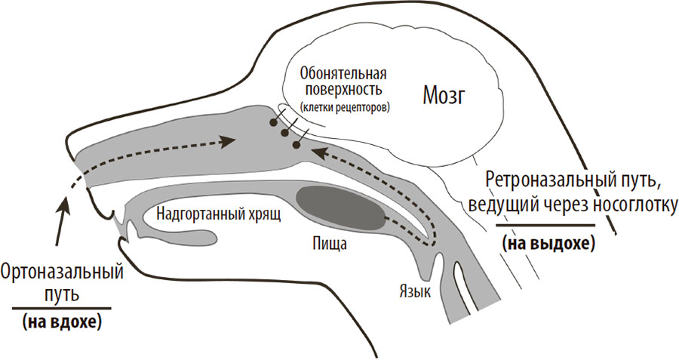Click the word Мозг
444,97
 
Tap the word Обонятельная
343,74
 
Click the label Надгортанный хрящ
219,214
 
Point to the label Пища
330,244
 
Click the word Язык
415,291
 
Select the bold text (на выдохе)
548,244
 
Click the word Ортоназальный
63,274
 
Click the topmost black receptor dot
273,122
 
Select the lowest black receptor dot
296,145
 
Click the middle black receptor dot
284,132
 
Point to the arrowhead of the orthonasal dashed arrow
227,142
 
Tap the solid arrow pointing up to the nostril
60,220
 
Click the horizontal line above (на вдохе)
62,309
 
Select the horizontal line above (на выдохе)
545,225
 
